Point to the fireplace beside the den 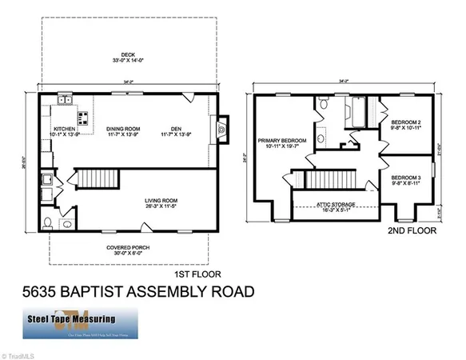tap(222, 128)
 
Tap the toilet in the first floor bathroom tap(48, 222)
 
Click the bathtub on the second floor tap(355, 112)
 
